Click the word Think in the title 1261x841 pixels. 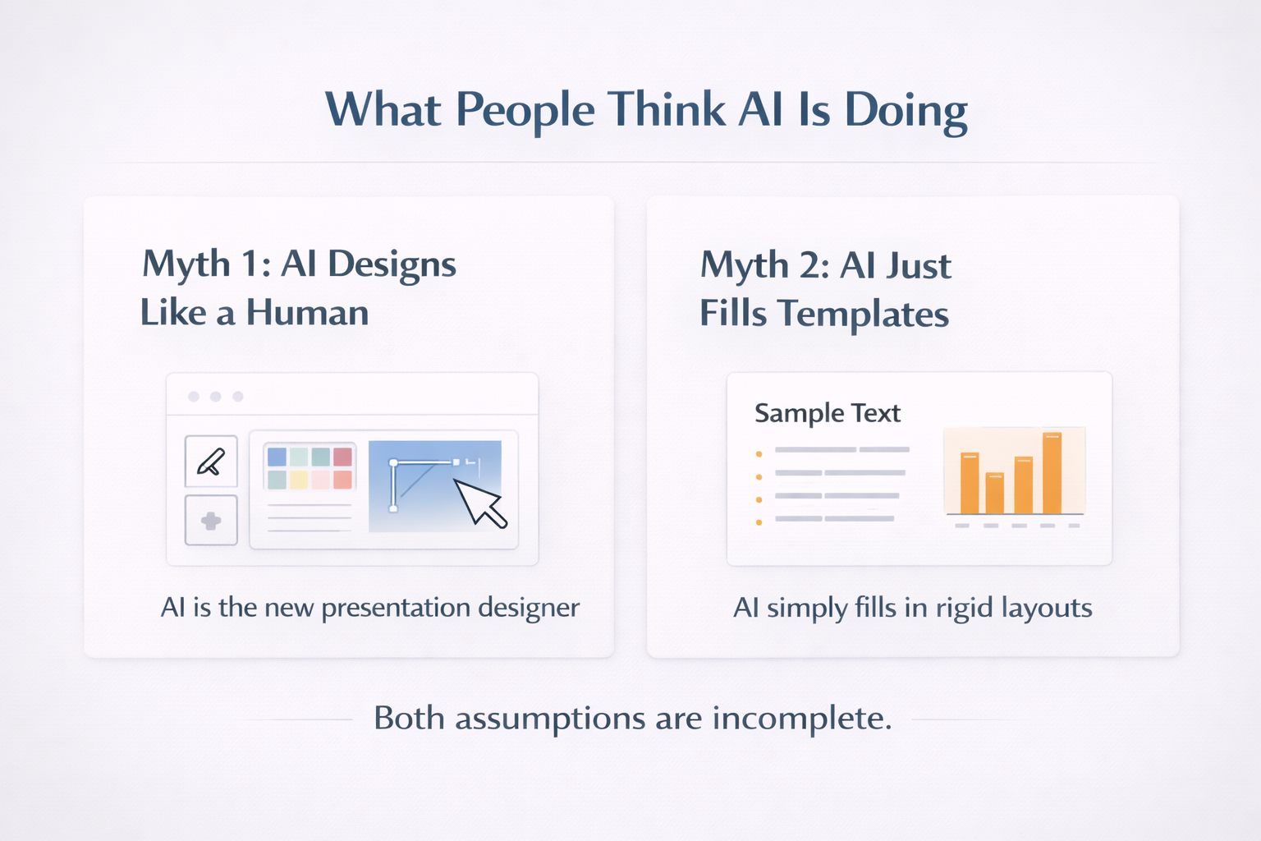pos(667,109)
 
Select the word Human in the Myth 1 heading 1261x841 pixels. pos(307,313)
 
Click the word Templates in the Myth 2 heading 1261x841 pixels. pos(863,315)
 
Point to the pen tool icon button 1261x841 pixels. pos(211,462)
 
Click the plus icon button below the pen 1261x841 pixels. pos(211,521)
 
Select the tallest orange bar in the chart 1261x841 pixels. pos(1052,473)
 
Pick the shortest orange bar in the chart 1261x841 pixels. pos(994,493)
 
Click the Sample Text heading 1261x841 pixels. pos(827,412)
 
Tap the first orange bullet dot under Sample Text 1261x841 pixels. pos(759,453)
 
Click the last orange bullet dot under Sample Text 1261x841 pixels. pos(759,522)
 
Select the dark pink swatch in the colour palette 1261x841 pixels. pos(342,457)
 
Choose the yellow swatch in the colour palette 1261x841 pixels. pos(299,480)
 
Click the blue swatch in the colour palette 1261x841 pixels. pos(277,457)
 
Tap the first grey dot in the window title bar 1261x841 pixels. pos(194,397)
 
